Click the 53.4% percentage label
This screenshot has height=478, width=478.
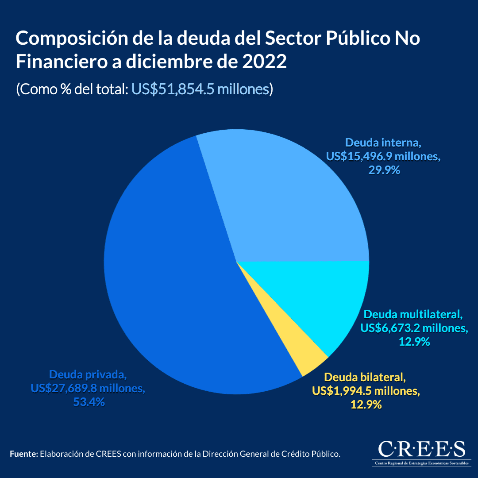click(88, 402)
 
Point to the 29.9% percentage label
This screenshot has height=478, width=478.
click(384, 170)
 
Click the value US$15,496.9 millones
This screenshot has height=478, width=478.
click(383, 156)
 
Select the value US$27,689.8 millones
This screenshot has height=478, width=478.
click(88, 389)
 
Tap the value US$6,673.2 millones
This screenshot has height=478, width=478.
click(414, 328)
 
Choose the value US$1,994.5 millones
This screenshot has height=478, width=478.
click(366, 391)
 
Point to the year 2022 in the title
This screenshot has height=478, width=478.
click(265, 62)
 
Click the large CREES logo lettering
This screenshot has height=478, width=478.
click(421, 448)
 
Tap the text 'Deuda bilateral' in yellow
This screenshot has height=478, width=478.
click(365, 378)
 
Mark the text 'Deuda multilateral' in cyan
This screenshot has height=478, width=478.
click(413, 315)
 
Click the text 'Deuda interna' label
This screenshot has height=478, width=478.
click(383, 143)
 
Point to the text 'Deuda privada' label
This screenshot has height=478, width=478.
click(88, 375)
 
